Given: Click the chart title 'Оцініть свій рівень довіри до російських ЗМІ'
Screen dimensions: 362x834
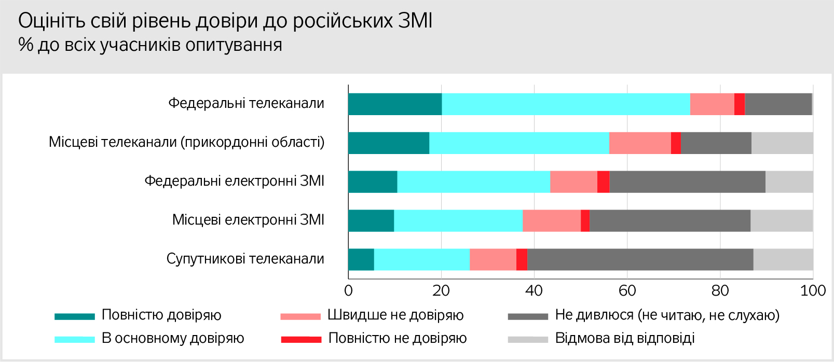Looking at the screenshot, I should pyautogui.click(x=225, y=21).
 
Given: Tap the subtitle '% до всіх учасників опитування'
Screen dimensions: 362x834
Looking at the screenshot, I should pyautogui.click(x=150, y=45).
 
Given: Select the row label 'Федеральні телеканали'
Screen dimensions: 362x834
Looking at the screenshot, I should pyautogui.click(x=246, y=104).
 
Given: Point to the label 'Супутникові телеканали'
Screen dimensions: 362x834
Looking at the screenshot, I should pyautogui.click(x=245, y=259).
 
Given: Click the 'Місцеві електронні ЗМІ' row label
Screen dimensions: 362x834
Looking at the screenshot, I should pyautogui.click(x=248, y=220).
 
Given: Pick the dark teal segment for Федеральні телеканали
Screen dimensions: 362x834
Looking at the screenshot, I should pyautogui.click(x=395, y=104).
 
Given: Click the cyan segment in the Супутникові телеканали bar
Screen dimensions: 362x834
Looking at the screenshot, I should pyautogui.click(x=421, y=259).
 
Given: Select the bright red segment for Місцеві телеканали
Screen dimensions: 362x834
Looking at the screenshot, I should pyautogui.click(x=676, y=143).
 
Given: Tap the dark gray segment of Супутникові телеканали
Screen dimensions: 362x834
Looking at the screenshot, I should pyautogui.click(x=640, y=259).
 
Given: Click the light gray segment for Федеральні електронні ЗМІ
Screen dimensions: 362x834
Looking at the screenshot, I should pyautogui.click(x=789, y=182).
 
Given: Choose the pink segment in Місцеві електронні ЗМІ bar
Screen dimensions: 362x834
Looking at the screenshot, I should pyautogui.click(x=551, y=220).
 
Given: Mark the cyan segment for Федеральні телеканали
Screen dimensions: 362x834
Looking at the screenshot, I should pyautogui.click(x=566, y=104).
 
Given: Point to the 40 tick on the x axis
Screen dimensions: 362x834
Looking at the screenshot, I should pyautogui.click(x=534, y=290).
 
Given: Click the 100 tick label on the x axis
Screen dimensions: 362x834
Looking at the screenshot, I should pyautogui.click(x=813, y=290).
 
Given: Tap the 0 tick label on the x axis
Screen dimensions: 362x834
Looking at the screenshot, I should pyautogui.click(x=348, y=290).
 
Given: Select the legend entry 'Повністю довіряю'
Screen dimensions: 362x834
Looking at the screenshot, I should pyautogui.click(x=161, y=315).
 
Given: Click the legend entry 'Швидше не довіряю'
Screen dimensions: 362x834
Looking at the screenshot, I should pyautogui.click(x=395, y=315).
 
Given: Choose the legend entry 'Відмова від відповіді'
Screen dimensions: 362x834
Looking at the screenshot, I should pyautogui.click(x=625, y=339).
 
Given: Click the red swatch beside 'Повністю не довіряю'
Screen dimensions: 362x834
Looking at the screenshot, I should pyautogui.click(x=301, y=340).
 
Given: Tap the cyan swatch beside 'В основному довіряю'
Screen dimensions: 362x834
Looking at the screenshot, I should pyautogui.click(x=75, y=340).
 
